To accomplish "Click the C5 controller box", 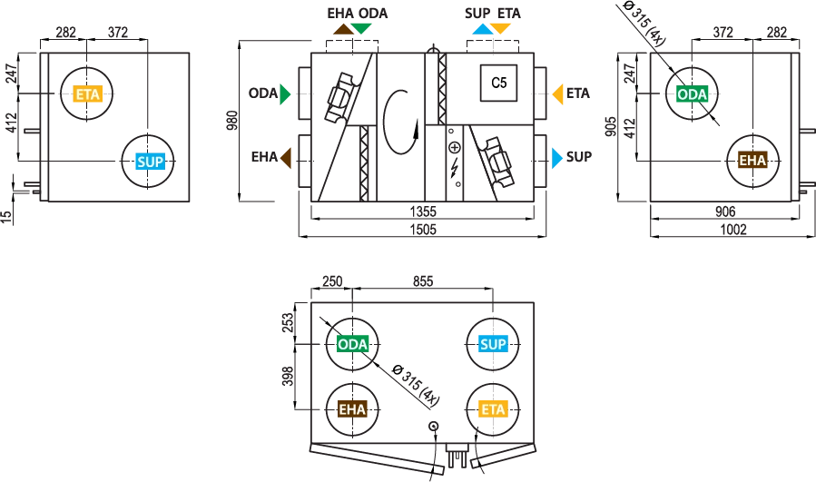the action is (498, 83).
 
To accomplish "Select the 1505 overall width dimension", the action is (423, 230).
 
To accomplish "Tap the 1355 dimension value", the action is (423, 211).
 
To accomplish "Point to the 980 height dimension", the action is (232, 120).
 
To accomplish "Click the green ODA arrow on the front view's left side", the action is (285, 93).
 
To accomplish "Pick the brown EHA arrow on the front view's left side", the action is (286, 157).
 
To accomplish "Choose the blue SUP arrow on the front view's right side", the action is (557, 158).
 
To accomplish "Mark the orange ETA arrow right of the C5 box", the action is (557, 94).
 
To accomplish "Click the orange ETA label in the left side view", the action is (87, 94).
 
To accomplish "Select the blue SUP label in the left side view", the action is (150, 162).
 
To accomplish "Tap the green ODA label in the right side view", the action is (693, 94).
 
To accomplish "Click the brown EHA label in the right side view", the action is (752, 161).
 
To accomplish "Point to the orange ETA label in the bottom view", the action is (493, 409).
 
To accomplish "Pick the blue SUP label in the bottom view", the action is (493, 344).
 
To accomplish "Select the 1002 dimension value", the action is (733, 230).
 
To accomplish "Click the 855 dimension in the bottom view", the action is (423, 281).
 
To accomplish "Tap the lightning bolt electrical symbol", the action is (455, 166).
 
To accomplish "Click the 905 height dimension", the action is (612, 126).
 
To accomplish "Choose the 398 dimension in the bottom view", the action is (288, 376).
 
